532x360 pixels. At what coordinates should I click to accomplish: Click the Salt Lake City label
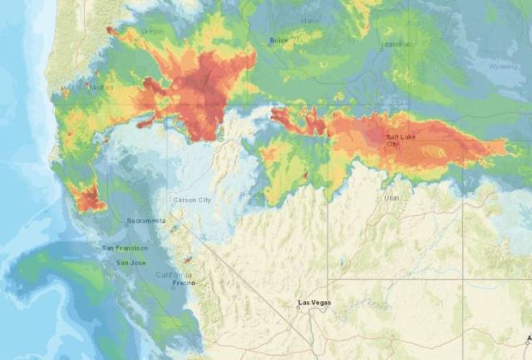(397, 140)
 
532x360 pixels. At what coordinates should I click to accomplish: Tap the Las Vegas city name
(315, 303)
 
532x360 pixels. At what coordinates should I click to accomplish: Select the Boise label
(278, 40)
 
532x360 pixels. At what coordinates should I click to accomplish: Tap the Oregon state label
(153, 32)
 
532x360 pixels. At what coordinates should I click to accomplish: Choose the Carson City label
(193, 200)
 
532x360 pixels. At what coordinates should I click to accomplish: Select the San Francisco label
(125, 248)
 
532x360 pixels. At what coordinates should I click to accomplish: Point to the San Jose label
(132, 263)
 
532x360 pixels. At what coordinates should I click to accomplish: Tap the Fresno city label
(184, 284)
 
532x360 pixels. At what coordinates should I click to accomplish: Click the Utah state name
(392, 198)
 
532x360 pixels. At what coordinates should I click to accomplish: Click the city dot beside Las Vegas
(299, 308)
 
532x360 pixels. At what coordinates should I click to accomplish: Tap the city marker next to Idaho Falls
(382, 48)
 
